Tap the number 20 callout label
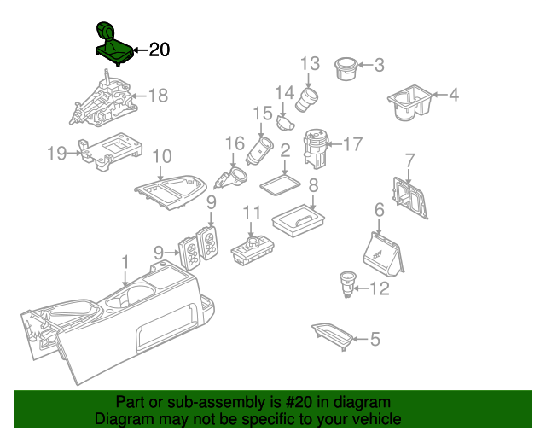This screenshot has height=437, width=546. point(160,50)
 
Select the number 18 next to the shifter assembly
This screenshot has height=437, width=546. point(159,96)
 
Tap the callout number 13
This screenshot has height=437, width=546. point(310,62)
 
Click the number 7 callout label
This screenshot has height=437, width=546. point(409,160)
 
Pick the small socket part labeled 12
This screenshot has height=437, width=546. point(348,283)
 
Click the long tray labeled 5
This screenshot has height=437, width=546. point(330,336)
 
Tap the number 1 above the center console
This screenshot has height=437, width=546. point(125,261)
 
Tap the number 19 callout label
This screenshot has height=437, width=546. point(56,154)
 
